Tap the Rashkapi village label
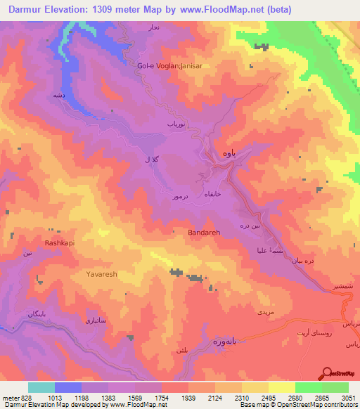pos(40,243)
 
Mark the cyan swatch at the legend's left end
pos(41,387)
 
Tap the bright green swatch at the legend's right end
pos(335,387)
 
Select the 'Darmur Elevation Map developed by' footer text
pos(54,405)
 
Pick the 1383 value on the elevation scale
pos(109,397)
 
